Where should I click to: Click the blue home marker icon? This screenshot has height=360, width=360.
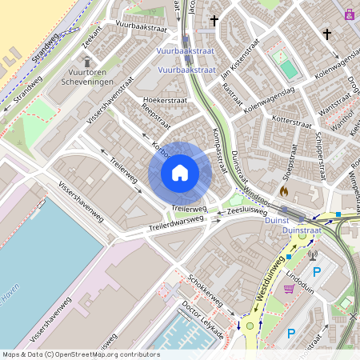click(180, 173)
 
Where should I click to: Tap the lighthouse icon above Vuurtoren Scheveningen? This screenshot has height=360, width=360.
click(87, 61)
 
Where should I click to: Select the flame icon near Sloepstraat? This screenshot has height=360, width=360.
click(283, 192)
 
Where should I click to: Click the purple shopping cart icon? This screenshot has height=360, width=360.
click(289, 289)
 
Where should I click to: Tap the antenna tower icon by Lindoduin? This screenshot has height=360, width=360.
click(312, 256)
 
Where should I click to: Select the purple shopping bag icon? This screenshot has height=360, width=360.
click(349, 14)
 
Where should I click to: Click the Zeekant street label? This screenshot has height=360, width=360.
click(92, 35)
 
